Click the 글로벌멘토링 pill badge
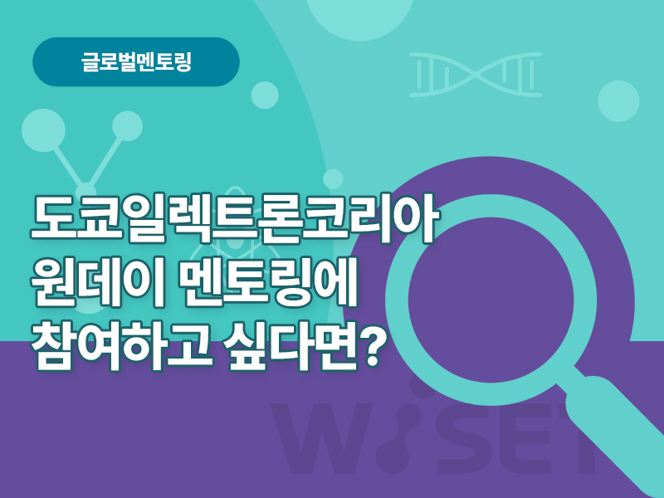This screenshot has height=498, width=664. point(136,61)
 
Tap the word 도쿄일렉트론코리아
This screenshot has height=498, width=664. point(233,219)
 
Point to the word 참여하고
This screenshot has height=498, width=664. point(121,344)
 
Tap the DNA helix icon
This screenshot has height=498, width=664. point(476,75)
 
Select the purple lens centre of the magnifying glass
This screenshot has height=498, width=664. point(491,300)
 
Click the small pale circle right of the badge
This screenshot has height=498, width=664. point(265,95)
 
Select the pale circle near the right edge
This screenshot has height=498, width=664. point(618,101)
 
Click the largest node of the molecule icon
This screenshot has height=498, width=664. point(44,130)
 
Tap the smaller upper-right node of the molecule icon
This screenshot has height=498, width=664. point(128,126)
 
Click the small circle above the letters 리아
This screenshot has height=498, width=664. point(334,179)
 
